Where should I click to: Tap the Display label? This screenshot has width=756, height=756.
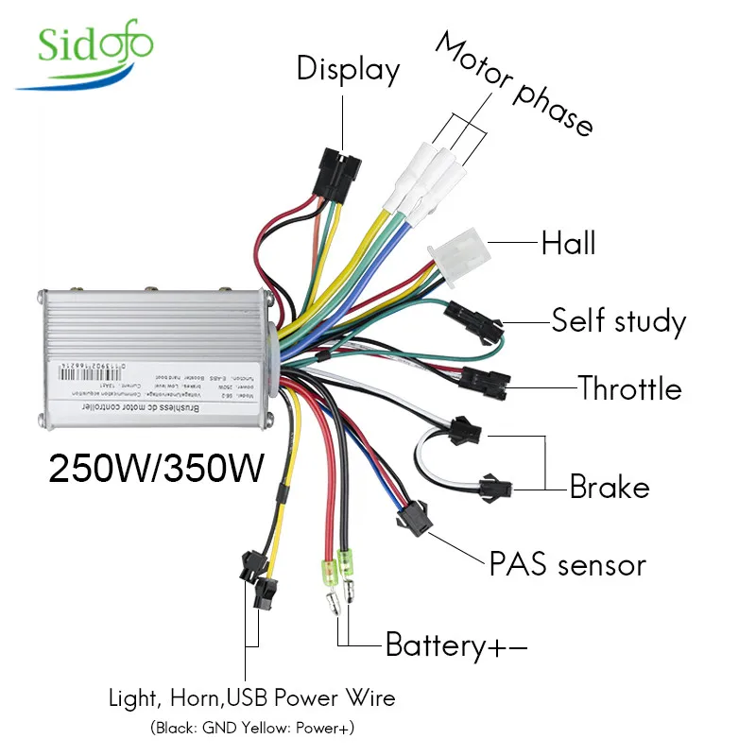[348, 69]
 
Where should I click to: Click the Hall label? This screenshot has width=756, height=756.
[568, 243]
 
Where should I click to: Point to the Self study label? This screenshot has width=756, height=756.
[618, 321]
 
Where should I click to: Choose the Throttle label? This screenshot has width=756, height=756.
[629, 387]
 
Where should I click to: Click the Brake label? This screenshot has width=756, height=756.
[610, 487]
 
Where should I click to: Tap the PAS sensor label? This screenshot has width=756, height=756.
[567, 565]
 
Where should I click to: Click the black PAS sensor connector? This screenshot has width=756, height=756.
[412, 517]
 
